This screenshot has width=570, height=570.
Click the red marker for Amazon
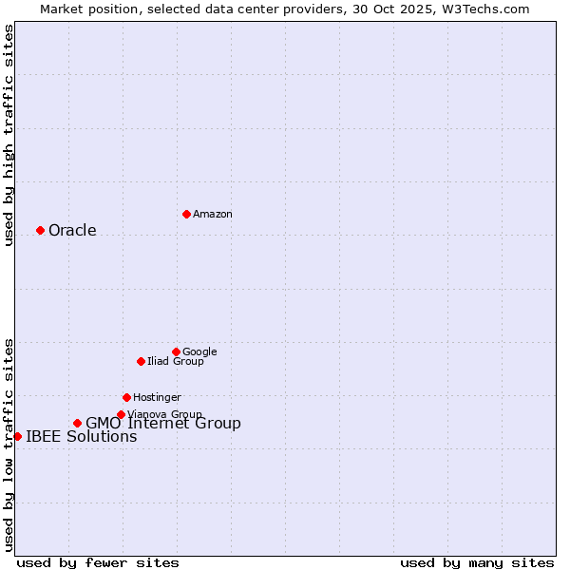(x=186, y=214)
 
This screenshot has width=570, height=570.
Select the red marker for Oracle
(x=40, y=230)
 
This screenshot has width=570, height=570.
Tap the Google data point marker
(x=176, y=351)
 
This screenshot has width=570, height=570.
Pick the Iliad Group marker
(x=141, y=361)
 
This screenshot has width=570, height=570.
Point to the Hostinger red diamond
(x=126, y=397)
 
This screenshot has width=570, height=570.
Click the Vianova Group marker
(x=121, y=414)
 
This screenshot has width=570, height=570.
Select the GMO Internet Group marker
(x=77, y=423)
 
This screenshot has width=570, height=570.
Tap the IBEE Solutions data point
(x=17, y=436)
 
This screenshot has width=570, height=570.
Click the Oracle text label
(x=72, y=230)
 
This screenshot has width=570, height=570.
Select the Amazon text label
(x=213, y=214)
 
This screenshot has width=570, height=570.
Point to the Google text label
(x=199, y=351)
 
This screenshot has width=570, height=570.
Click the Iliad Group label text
(x=175, y=361)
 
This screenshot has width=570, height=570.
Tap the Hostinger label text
(x=157, y=397)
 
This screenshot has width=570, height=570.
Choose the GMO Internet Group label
(x=163, y=424)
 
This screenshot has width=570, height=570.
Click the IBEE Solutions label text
(x=82, y=437)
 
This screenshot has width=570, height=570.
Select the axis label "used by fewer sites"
(x=98, y=562)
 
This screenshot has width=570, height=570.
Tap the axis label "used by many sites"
(x=477, y=562)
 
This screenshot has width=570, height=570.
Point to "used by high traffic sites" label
(x=9, y=135)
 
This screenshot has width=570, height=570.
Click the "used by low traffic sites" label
(x=9, y=444)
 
